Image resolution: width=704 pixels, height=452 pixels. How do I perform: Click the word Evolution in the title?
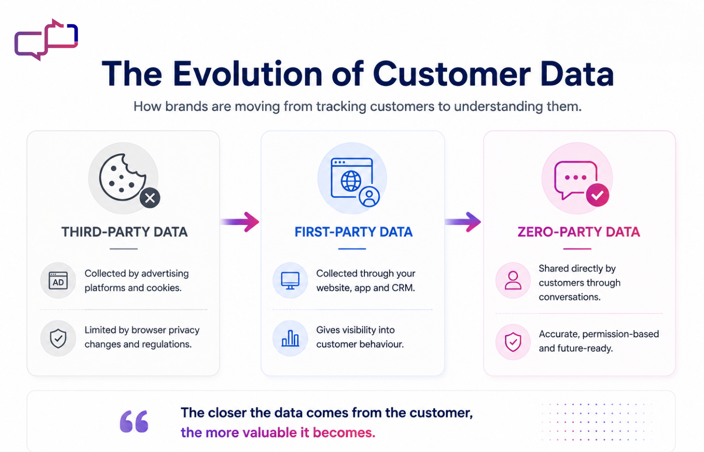point(248,74)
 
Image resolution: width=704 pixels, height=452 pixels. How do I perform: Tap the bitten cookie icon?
point(123,177)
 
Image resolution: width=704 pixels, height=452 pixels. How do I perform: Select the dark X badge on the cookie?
point(150,198)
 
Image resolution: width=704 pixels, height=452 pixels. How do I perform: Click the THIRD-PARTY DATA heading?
point(125,232)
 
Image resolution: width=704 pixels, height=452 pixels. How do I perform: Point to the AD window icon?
point(58,281)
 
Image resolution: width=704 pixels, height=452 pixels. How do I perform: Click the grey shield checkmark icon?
point(58,338)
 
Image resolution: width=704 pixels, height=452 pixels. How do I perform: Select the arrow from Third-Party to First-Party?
point(240,222)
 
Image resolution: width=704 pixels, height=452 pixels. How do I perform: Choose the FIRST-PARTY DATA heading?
point(353,232)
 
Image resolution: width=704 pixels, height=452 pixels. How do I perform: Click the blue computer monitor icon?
point(290,281)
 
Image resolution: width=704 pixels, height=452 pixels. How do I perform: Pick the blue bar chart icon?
point(290,338)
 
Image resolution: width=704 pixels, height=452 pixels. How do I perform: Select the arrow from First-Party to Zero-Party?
point(463,222)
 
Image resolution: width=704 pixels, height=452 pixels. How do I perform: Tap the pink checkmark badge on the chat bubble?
point(597,195)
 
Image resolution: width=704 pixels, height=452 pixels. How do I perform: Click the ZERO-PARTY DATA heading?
point(578,232)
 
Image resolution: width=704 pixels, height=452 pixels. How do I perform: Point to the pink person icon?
point(513,281)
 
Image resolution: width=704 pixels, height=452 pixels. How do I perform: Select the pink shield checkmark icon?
point(513,342)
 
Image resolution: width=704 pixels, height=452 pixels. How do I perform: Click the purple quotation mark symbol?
point(134,421)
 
